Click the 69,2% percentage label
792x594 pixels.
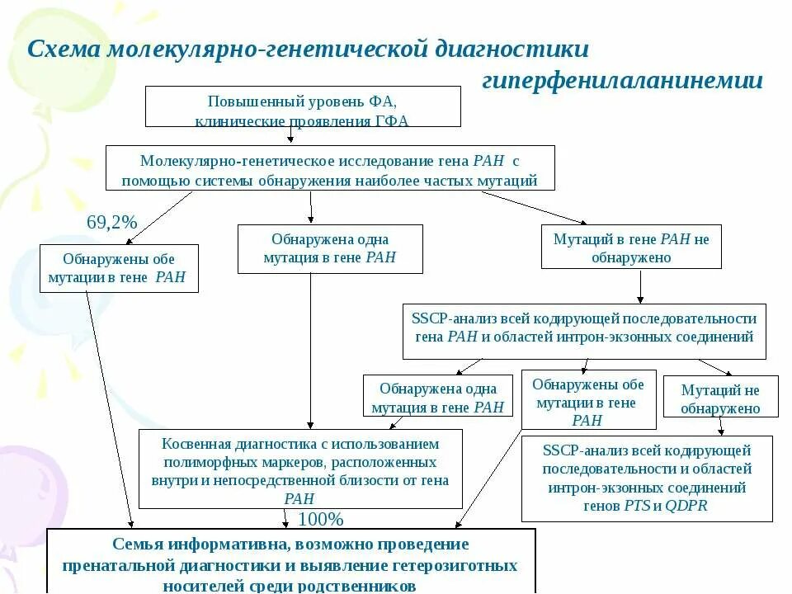click(x=111, y=223)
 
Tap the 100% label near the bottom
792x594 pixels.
click(x=320, y=519)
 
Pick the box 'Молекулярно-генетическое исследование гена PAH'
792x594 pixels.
click(x=330, y=168)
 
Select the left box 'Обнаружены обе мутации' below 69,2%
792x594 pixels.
click(x=119, y=267)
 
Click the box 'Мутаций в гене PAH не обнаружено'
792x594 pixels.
click(x=631, y=247)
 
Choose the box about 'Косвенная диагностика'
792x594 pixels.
click(x=300, y=469)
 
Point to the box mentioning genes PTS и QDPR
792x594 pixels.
click(x=647, y=478)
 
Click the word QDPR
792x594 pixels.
click(x=686, y=505)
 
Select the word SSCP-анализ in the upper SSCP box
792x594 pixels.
click(x=450, y=318)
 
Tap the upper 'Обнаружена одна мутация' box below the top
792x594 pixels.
click(x=330, y=248)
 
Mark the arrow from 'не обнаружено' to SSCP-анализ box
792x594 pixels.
click(x=641, y=286)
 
